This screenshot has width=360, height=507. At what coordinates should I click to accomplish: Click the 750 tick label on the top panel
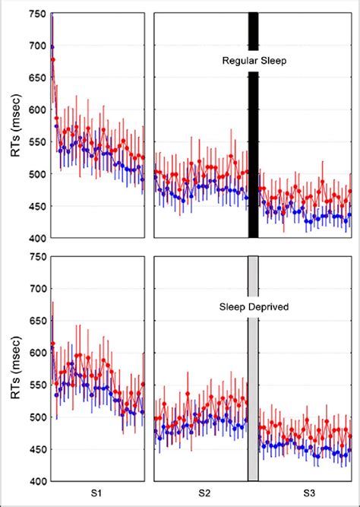[36, 14]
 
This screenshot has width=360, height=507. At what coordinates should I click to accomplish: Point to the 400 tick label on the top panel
[36, 238]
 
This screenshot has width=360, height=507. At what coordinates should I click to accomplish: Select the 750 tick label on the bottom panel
[36, 258]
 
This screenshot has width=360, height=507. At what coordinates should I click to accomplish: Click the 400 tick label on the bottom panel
[36, 481]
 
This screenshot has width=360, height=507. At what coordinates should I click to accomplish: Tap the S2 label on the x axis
[204, 494]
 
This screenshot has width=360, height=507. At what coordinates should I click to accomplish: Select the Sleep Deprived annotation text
[254, 309]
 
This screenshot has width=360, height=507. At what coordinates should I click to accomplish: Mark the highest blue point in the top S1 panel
[52, 47]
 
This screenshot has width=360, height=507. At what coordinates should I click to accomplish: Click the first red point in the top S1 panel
[52, 59]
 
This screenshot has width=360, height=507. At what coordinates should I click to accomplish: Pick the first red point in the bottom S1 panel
[52, 344]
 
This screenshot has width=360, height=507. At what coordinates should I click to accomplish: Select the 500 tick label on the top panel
[36, 174]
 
